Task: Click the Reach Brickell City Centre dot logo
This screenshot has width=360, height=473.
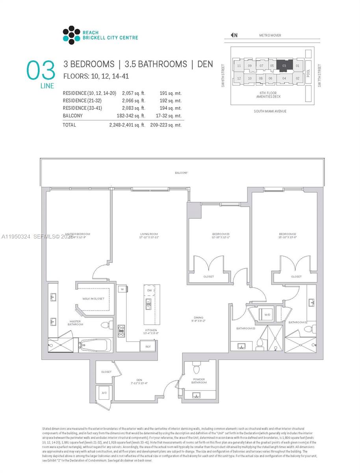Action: (71, 35)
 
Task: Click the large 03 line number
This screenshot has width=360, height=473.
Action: (41, 71)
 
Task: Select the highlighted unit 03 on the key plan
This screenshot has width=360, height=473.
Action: (284, 65)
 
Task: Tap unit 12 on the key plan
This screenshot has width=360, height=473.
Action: (239, 78)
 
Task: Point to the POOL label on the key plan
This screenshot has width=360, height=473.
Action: (308, 73)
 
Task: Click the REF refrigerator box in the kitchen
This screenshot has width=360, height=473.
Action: (148, 346)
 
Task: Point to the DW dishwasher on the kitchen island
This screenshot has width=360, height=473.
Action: (149, 290)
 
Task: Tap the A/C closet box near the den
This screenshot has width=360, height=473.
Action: (104, 393)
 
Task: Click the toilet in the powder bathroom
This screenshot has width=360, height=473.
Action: (197, 369)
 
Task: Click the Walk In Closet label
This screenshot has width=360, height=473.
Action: (93, 299)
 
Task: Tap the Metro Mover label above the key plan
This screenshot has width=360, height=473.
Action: (270, 35)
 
